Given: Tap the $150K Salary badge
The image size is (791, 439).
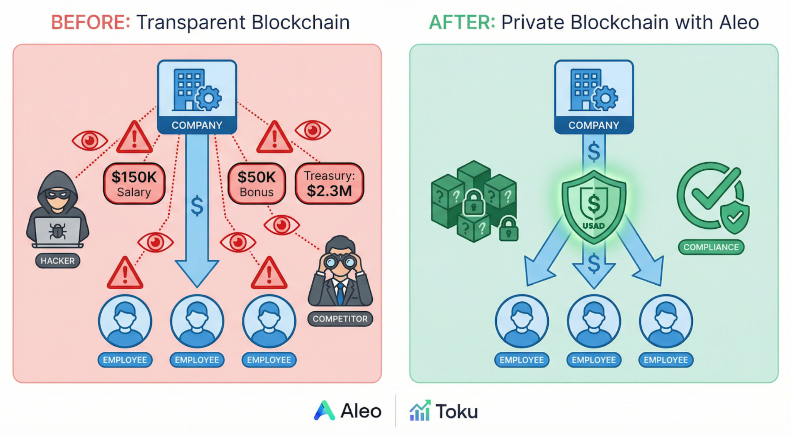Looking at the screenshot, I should [x=134, y=184].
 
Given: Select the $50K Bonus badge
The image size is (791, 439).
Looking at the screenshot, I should [x=256, y=184].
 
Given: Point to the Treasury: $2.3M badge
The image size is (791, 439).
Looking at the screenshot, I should [x=329, y=184].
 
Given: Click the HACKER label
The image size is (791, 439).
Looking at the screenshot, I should [x=58, y=261].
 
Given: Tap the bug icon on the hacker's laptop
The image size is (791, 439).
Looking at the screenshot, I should [x=58, y=231].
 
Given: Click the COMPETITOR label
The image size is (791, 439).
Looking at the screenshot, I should [x=340, y=319].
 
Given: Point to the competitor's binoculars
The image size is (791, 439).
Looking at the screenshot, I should [x=340, y=262].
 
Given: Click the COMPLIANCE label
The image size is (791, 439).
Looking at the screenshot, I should [x=711, y=247].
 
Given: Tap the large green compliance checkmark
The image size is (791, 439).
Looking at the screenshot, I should [x=715, y=189].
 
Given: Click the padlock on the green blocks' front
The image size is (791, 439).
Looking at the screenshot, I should [x=474, y=203].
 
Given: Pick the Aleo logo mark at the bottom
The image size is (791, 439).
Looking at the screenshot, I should [x=324, y=410].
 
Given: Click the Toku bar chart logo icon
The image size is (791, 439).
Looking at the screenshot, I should [x=420, y=411].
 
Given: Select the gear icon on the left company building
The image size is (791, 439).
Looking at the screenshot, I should [x=209, y=98].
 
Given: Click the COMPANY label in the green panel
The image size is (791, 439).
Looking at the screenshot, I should [x=594, y=125].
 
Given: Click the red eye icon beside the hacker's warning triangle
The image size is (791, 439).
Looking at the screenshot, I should [x=90, y=140].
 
